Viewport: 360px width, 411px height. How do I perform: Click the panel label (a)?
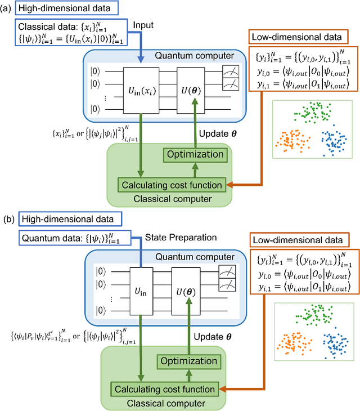pyautogui.click(x=7, y=10)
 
